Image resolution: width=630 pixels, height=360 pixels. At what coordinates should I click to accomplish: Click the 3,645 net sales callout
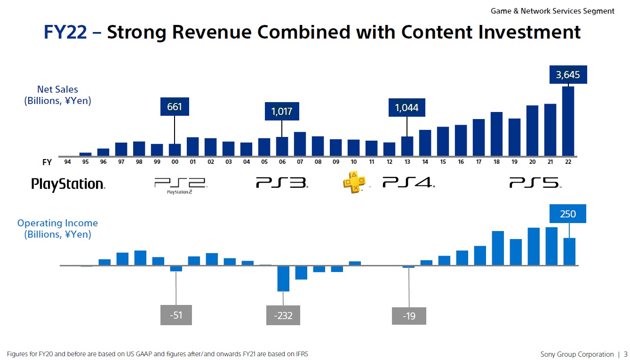point(568,74)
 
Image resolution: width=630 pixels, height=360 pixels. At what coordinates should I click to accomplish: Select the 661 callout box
point(175,107)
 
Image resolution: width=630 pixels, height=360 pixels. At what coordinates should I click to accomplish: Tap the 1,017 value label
point(282,112)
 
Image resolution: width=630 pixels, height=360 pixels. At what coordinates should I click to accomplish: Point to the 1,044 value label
point(407,107)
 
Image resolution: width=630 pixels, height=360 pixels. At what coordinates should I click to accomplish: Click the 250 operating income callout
point(568,214)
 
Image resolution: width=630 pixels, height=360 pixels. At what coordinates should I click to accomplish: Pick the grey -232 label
point(283,315)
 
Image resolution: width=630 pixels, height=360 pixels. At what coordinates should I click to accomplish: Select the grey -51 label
point(176,315)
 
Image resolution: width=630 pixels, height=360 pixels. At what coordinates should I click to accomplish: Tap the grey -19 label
point(409,316)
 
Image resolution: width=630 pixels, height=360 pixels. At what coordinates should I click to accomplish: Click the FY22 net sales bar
point(568,121)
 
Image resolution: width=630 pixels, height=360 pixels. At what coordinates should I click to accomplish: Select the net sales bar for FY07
point(300,144)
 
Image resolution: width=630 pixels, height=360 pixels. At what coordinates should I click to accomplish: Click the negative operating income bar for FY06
point(283,279)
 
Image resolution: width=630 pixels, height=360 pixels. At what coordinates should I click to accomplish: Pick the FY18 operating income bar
point(498,248)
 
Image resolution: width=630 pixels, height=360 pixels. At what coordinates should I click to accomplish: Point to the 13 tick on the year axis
point(407,162)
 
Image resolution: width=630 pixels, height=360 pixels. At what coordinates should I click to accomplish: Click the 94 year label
point(67,162)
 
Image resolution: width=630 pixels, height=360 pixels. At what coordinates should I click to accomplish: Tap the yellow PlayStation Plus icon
point(354,182)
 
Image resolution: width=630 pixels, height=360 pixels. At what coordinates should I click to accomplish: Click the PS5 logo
point(535,183)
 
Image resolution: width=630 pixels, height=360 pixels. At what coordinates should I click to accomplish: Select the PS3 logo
point(282,183)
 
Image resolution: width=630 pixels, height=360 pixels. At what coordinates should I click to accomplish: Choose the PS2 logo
point(181,185)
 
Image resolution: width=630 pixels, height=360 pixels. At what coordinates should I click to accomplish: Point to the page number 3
point(625,354)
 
